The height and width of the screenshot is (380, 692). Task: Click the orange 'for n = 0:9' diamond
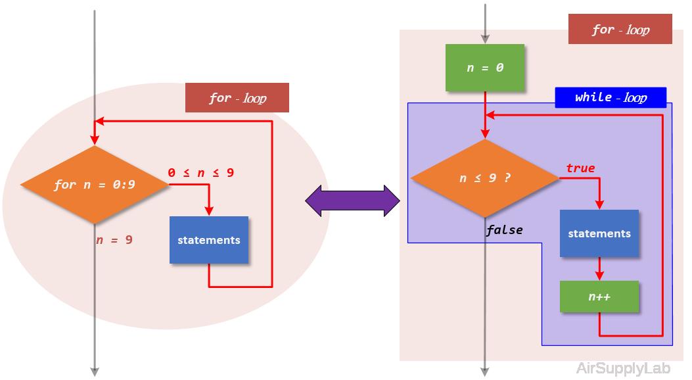[x=95, y=185]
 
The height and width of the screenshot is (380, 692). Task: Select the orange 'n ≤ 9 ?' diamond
[x=485, y=178]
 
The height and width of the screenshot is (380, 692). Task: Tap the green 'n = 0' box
[x=485, y=68]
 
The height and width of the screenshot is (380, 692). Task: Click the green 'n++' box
[x=599, y=297]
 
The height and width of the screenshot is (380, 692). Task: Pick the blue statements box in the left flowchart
[x=209, y=240]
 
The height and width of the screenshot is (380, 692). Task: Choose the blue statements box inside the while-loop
[x=599, y=233]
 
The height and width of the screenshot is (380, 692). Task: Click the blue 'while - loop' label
[x=611, y=97]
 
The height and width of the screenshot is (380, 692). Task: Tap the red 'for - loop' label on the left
[x=237, y=98]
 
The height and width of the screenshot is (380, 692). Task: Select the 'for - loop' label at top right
[x=620, y=30]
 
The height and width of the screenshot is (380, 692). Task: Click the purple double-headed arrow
[x=352, y=201]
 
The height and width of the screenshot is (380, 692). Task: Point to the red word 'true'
[x=580, y=168]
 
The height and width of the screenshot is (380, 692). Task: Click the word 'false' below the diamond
[x=505, y=229]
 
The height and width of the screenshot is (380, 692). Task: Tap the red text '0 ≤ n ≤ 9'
[x=201, y=173]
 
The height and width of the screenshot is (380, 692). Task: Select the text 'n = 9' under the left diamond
[x=114, y=240]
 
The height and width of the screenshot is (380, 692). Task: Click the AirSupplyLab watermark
[x=630, y=368]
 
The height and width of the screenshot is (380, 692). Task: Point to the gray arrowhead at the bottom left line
[x=95, y=371]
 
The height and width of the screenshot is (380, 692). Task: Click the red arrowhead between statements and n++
[x=599, y=276]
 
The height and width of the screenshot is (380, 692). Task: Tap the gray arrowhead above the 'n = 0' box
[x=485, y=38]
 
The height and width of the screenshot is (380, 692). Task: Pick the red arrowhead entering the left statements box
[x=209, y=210]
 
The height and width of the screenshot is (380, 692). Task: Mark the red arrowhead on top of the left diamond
[x=95, y=140]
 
